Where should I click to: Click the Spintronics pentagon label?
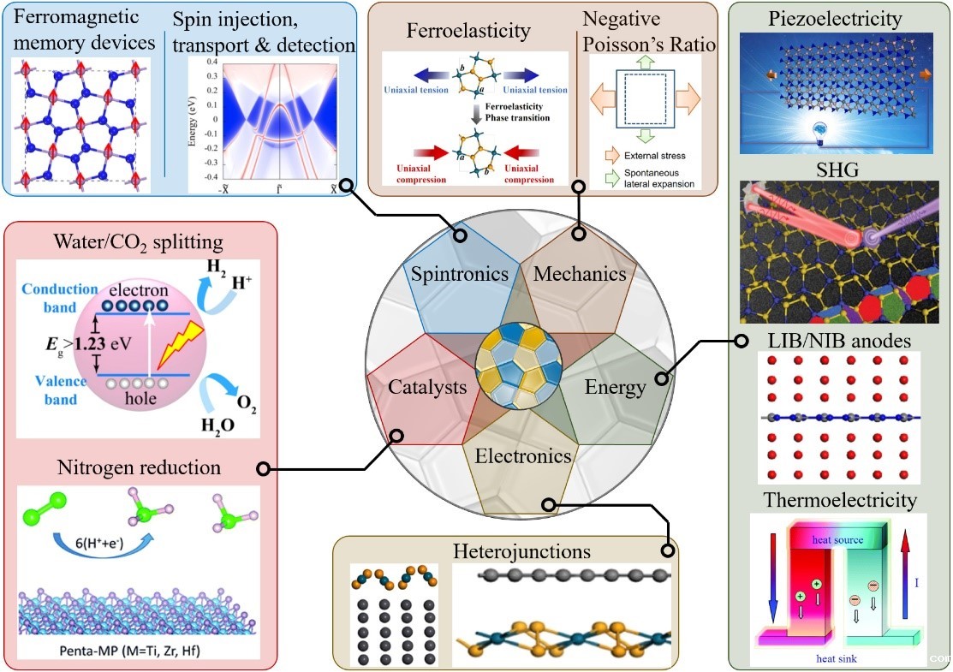coord(460,275)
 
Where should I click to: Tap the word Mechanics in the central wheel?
coord(580,274)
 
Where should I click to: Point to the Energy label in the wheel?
coord(615,387)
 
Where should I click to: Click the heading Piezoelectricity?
coord(841,18)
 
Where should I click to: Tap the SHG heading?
coord(840,169)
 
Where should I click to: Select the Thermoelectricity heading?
coord(841,499)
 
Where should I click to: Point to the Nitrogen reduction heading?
coord(139,467)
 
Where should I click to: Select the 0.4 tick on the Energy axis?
coord(211,63)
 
